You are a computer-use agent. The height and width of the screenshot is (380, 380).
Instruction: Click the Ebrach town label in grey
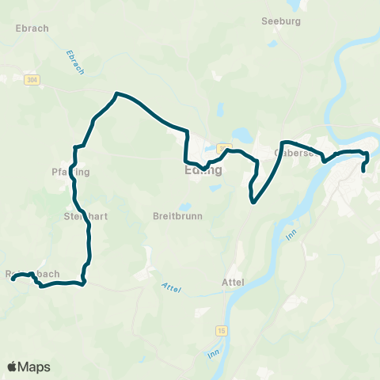coord(32,28)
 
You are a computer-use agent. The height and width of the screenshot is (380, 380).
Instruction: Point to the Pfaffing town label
coord(70,172)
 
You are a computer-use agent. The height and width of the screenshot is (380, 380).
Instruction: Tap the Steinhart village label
coord(82,215)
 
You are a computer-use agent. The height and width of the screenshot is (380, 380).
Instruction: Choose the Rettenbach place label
coord(32,274)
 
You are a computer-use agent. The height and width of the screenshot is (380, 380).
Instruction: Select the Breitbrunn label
coord(177,215)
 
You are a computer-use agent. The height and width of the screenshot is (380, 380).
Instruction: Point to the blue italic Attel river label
coord(171,289)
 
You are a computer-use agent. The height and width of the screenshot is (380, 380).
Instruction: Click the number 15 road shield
coord(218,329)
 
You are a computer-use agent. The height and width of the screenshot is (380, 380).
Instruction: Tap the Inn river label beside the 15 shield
coord(212,353)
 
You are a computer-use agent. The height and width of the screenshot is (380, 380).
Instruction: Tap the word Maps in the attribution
coord(34,367)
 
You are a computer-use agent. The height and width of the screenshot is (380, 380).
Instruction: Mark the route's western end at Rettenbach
coord(13,279)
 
